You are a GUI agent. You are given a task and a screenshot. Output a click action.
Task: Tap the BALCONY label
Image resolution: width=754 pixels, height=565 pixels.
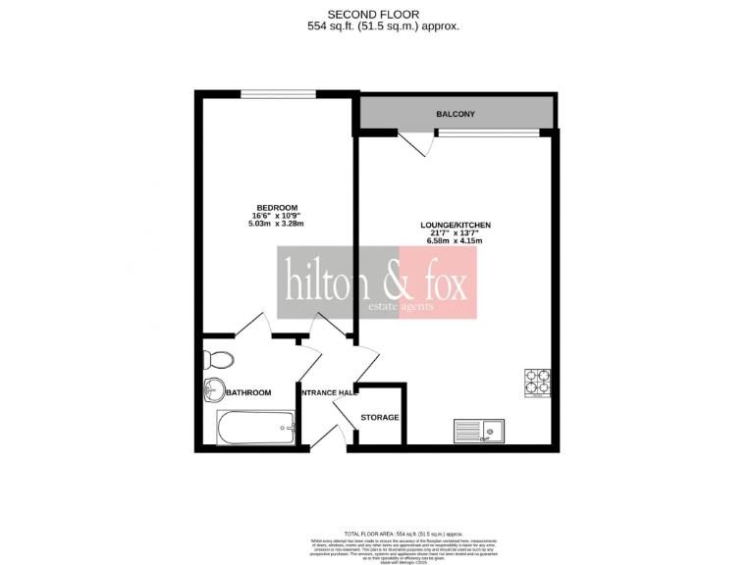[456, 115]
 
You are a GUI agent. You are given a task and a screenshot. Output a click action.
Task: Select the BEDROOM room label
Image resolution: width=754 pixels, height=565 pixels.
[277, 207]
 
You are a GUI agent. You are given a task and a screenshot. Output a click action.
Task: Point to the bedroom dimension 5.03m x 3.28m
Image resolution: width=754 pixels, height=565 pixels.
[277, 224]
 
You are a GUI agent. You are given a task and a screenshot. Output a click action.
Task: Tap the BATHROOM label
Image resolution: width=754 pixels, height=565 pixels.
[247, 393]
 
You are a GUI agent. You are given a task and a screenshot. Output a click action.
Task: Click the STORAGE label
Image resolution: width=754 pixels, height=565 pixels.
[380, 418]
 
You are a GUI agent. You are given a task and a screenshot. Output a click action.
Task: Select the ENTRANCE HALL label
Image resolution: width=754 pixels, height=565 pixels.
[327, 393]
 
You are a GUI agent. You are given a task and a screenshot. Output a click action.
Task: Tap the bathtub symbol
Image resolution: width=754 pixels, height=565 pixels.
[255, 427]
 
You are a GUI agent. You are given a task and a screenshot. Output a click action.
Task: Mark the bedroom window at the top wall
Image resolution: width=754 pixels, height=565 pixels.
[278, 95]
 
